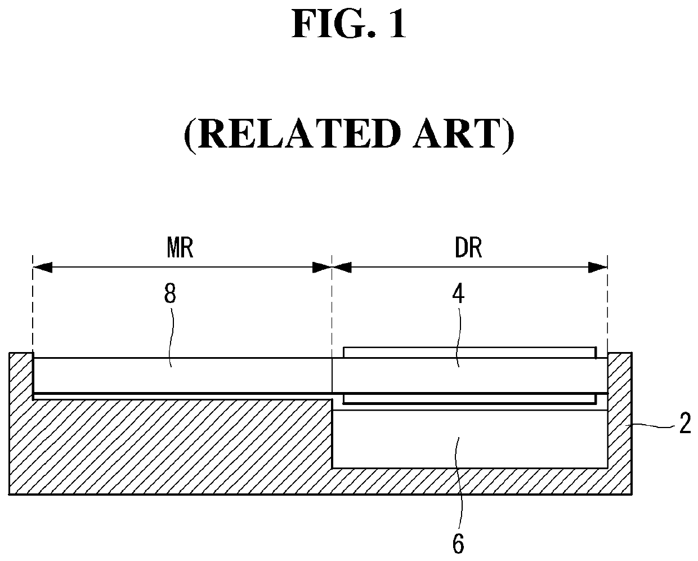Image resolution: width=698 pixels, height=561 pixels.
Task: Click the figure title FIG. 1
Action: click(x=348, y=24)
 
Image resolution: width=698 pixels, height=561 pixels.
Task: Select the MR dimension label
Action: click(x=180, y=248)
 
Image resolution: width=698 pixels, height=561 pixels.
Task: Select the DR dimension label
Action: click(x=468, y=248)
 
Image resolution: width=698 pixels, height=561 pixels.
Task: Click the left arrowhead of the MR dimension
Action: click(x=42, y=268)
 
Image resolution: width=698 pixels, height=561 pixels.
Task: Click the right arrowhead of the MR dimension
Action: click(x=322, y=268)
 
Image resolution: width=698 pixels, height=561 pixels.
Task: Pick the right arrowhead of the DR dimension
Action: click(x=598, y=268)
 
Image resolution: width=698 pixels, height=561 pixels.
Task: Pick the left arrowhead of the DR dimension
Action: click(x=342, y=268)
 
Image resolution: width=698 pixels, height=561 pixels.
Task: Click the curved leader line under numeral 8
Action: click(x=172, y=337)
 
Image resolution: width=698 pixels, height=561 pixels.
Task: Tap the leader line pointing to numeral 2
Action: click(x=653, y=426)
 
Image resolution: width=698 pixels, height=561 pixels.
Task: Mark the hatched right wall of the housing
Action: click(x=620, y=422)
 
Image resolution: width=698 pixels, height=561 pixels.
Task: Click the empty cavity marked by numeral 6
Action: click(x=470, y=439)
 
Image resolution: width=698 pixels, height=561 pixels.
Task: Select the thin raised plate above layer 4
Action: click(x=469, y=353)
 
